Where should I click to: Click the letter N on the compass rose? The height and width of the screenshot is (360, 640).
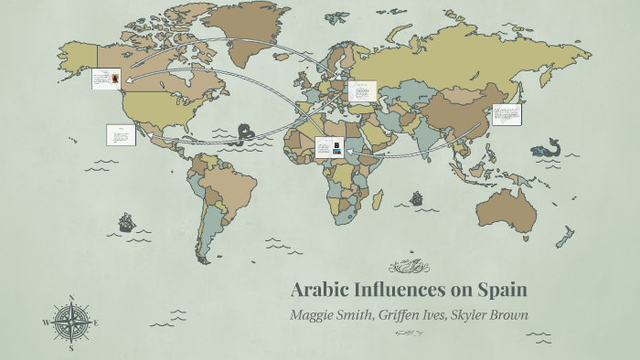[70, 298]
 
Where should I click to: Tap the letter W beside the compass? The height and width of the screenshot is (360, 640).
[46, 323]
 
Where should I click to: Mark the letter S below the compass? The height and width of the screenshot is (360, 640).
[70, 347]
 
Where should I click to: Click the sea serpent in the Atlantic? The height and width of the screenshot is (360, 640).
[244, 134]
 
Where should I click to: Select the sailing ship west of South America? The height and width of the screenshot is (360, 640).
[125, 222]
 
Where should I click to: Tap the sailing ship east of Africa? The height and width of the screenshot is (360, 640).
[417, 197]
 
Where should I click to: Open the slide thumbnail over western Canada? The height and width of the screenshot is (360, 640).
[107, 79]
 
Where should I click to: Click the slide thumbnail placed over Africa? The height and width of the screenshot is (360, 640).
[329, 147]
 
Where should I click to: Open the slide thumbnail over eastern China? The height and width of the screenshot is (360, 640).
[507, 115]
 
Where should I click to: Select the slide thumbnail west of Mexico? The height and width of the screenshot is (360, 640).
[121, 135]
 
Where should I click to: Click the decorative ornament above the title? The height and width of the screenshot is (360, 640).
[408, 267]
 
